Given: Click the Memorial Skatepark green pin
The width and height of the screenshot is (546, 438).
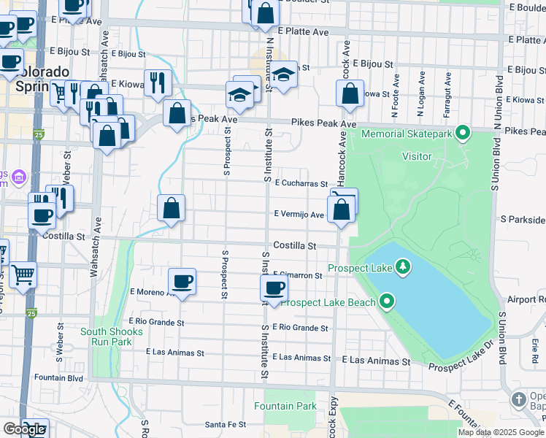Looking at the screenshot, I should click(461, 133).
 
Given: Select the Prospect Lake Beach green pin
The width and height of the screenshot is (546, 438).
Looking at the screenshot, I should click(388, 301).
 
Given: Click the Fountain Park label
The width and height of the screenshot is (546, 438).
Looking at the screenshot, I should click(285, 406).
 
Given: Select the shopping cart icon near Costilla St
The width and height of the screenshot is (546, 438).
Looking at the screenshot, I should click(23, 274).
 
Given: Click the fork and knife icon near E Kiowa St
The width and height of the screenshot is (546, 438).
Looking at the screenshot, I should click(157, 82).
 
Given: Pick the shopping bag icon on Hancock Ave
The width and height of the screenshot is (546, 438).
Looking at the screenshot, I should click(350, 93).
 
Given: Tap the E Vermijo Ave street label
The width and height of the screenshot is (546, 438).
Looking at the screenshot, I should click(298, 215).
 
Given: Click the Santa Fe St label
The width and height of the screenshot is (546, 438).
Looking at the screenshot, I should click(224, 424).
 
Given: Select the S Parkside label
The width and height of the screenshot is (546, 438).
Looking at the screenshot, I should click(523, 219).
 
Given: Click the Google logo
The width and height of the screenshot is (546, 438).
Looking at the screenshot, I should click(24, 429).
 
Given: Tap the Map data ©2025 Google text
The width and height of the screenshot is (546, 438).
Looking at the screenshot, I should click(500, 432).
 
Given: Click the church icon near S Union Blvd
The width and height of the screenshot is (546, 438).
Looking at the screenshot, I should click(518, 399).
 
